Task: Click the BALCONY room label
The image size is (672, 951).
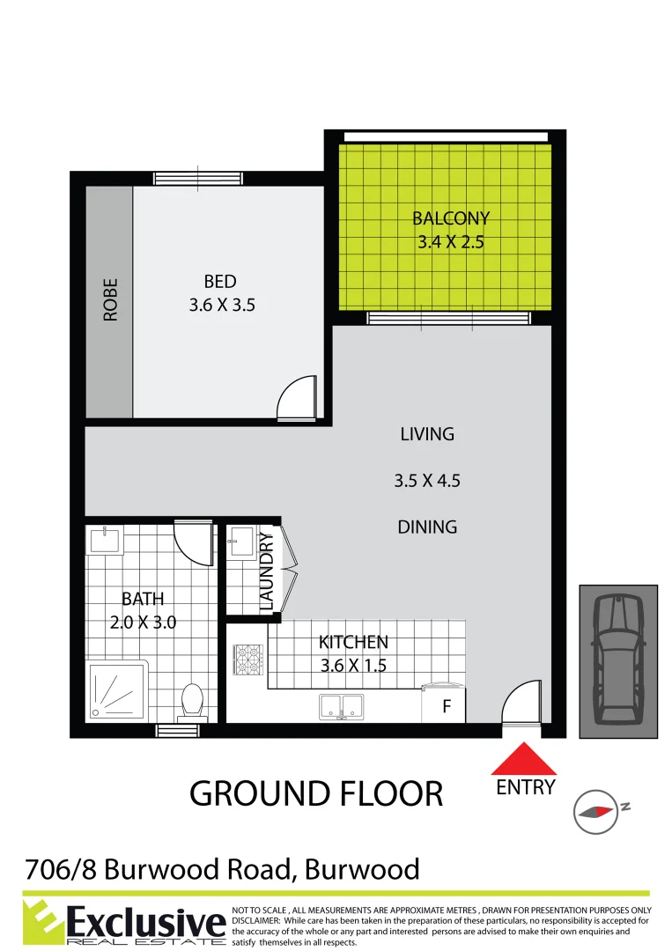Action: pyautogui.click(x=450, y=218)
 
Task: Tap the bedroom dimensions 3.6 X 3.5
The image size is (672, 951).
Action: pyautogui.click(x=220, y=306)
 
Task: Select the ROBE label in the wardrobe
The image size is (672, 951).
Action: pyautogui.click(x=111, y=299)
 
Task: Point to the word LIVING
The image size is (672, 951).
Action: pyautogui.click(x=427, y=434)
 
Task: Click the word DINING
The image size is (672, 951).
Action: pyautogui.click(x=427, y=527)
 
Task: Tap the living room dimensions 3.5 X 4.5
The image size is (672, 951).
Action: pyautogui.click(x=427, y=481)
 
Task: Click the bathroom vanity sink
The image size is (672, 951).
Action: pyautogui.click(x=105, y=539)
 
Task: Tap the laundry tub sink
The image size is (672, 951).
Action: pyautogui.click(x=242, y=542)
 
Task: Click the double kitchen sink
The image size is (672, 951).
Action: pyautogui.click(x=341, y=704)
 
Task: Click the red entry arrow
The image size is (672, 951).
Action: pyautogui.click(x=525, y=758)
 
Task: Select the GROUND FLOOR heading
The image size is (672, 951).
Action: pyautogui.click(x=316, y=793)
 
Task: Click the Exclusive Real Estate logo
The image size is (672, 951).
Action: pyautogui.click(x=123, y=921)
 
